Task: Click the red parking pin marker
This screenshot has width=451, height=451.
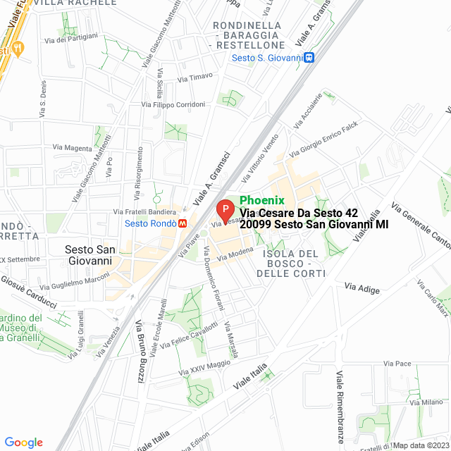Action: (x=225, y=210)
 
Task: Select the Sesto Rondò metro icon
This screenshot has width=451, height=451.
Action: (x=183, y=223)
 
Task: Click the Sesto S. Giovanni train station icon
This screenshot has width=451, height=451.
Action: (x=309, y=57)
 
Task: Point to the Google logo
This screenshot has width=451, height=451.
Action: (x=23, y=443)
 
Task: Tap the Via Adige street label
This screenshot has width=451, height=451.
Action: (x=362, y=289)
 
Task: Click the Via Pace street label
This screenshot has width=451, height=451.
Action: (x=397, y=364)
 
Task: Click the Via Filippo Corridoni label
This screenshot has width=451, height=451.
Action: (x=173, y=104)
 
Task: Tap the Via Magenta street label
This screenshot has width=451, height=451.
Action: (x=73, y=148)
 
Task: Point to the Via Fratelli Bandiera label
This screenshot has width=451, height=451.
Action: (x=144, y=211)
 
